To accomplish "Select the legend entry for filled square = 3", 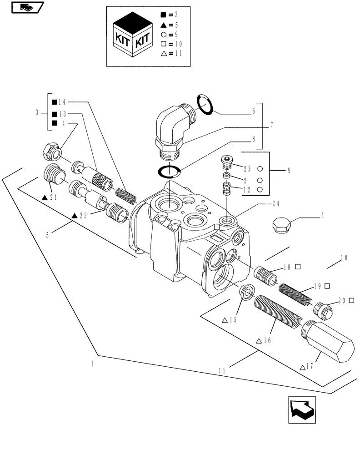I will coord(170,15).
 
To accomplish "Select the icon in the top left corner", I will coord(26,7).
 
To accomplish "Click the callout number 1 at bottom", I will coord(92,364).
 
